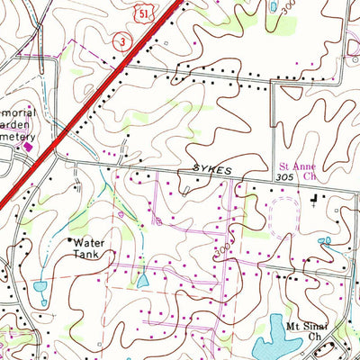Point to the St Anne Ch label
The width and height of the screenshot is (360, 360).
pyautogui.click(x=298, y=171)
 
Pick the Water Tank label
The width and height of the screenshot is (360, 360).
pyautogui.click(x=89, y=249)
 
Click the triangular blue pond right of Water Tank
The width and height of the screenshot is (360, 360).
pyautogui.click(x=143, y=281)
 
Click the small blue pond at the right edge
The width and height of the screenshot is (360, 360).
pyautogui.click(x=325, y=240)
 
